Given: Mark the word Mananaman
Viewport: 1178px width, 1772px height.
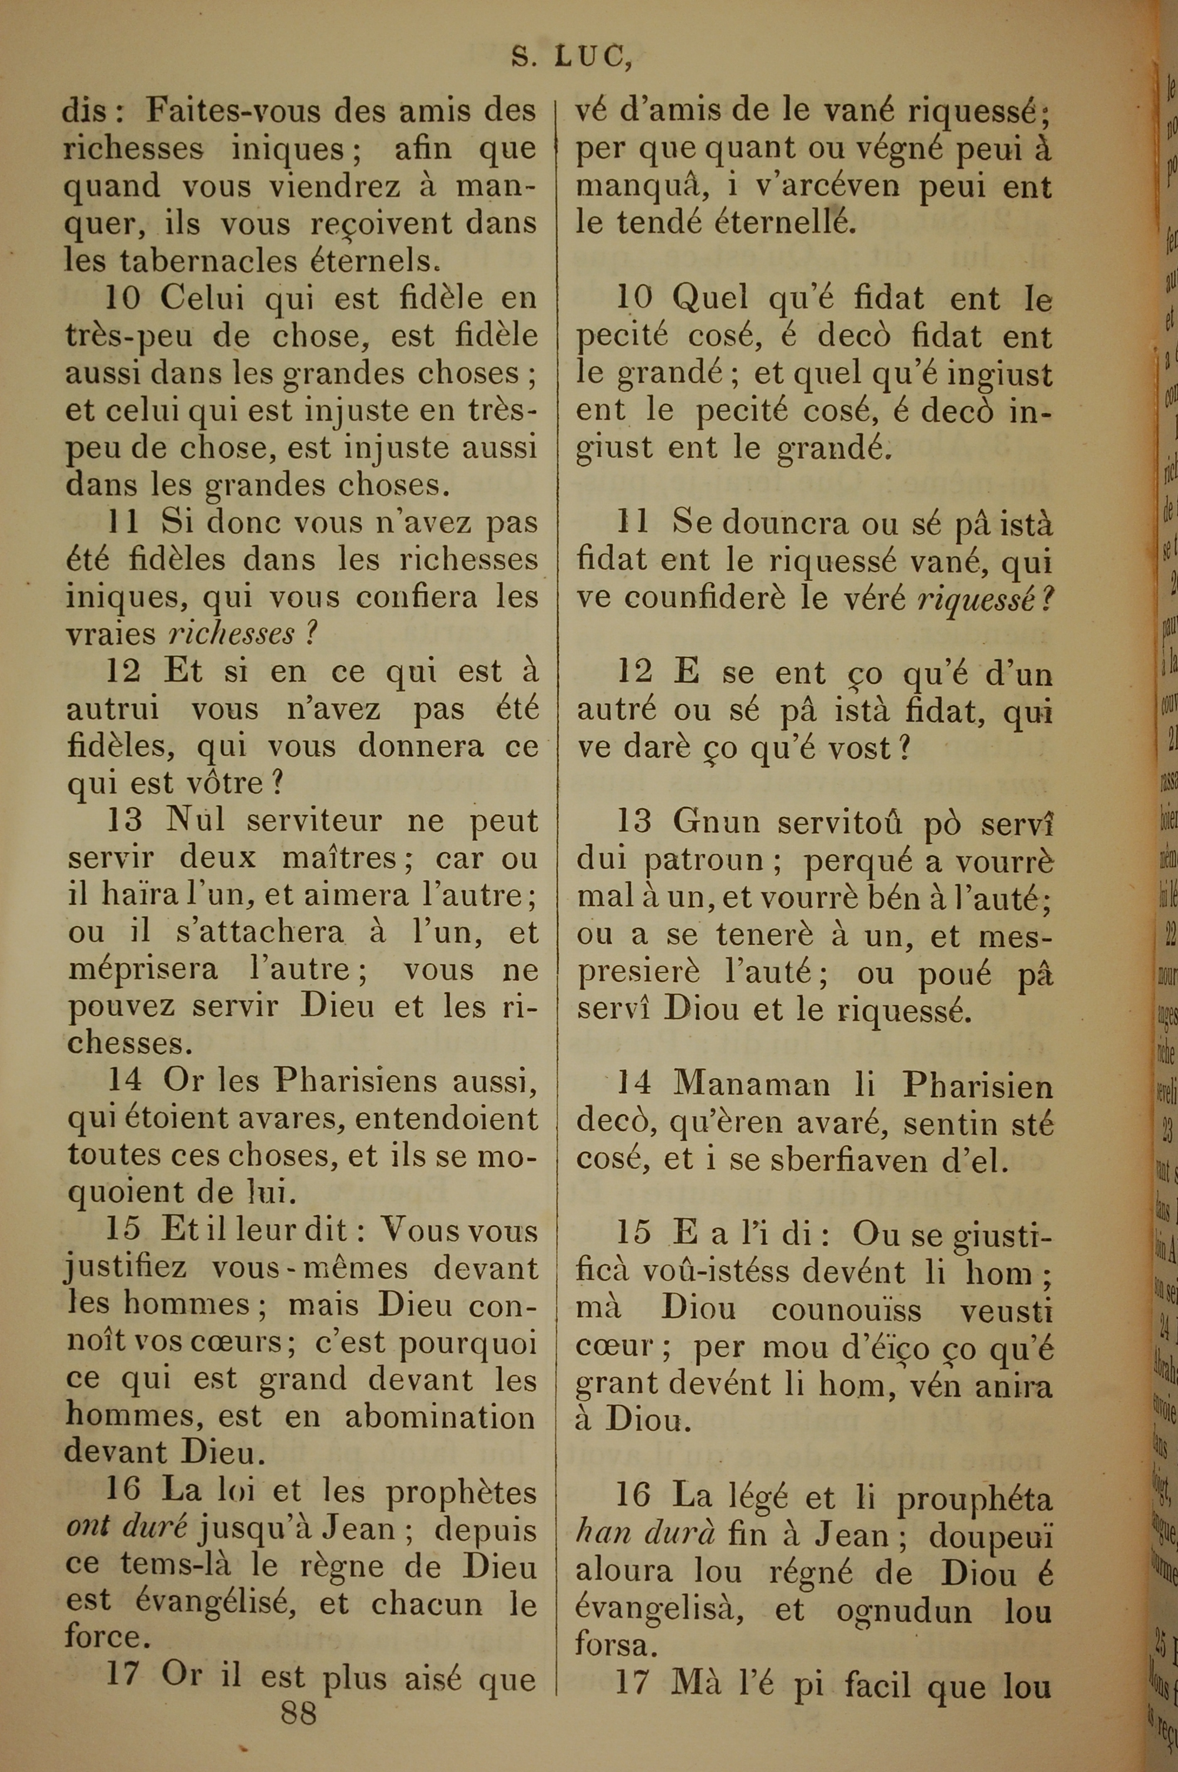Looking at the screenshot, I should pos(752,1086).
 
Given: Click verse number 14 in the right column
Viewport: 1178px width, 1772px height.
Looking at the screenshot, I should pos(633,1086).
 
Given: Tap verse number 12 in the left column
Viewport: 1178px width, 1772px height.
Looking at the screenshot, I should pos(123,672).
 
